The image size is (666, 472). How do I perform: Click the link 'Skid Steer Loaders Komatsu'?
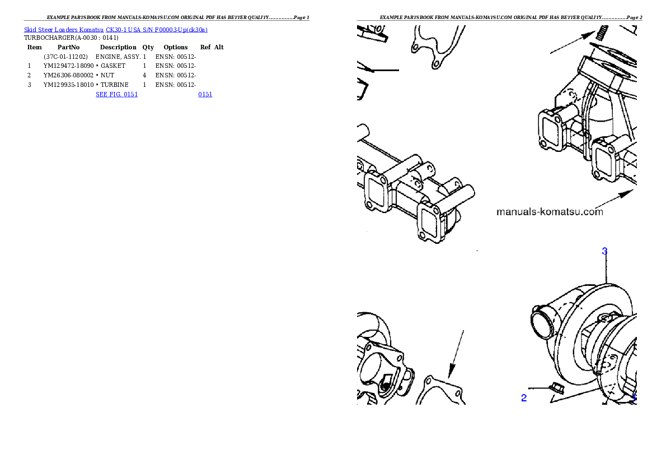[x=64, y=30]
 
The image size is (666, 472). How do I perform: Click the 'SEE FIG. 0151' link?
[x=116, y=94]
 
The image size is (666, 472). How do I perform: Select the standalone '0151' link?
[x=205, y=94]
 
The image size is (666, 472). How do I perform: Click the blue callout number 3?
[x=604, y=251]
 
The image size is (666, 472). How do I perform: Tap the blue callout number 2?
[x=524, y=398]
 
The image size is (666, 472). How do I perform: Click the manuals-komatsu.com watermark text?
[x=550, y=212]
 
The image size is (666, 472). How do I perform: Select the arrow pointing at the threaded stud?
[x=571, y=43]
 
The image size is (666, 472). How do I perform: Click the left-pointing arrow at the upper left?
[x=381, y=70]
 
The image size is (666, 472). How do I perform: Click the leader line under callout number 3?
[x=606, y=269]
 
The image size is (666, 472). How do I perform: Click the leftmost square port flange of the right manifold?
[x=552, y=130]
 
